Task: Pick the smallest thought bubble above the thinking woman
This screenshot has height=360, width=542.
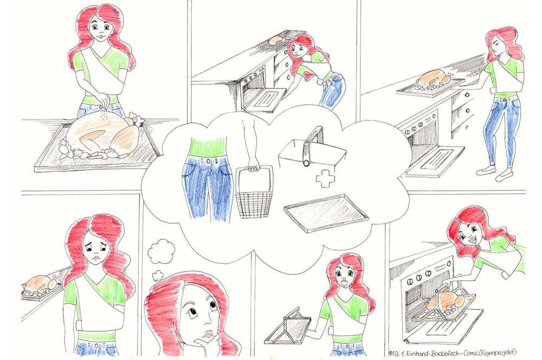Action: pos(158,275)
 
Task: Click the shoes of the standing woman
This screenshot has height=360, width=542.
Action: pos(496,172)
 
